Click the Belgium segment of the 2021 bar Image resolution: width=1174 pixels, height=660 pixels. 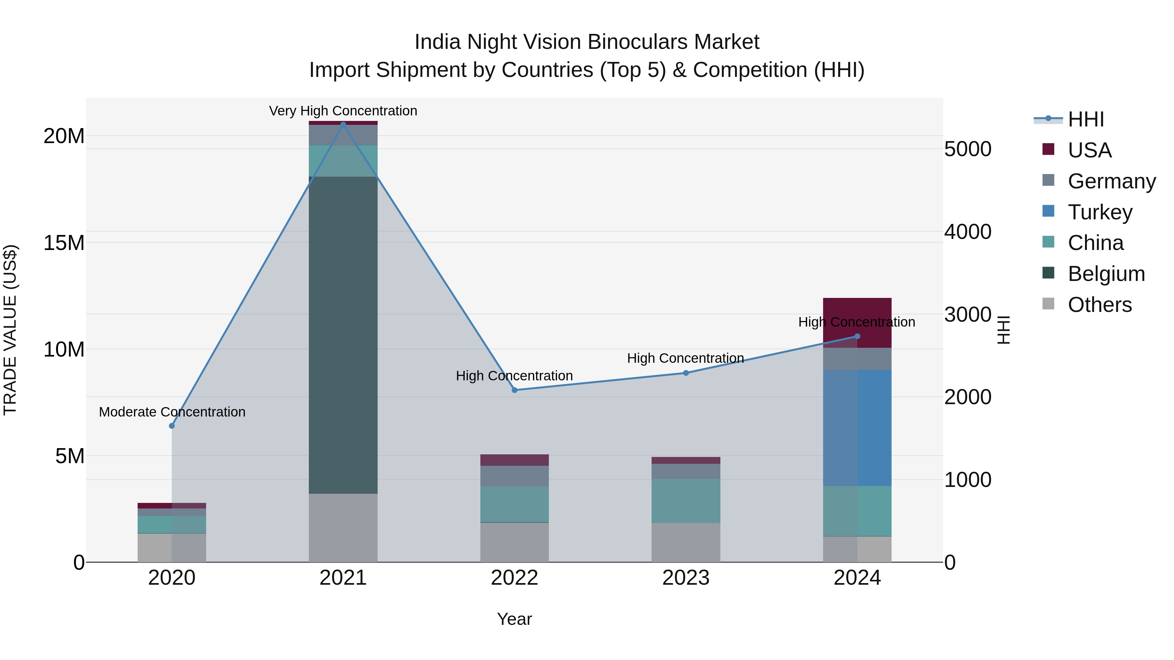click(x=343, y=335)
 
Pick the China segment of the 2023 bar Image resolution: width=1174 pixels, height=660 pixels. click(x=685, y=501)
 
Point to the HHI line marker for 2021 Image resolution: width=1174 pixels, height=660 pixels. click(x=343, y=124)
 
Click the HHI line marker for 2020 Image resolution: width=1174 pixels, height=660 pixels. click(x=172, y=426)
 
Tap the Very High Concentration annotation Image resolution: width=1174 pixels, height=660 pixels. click(x=343, y=111)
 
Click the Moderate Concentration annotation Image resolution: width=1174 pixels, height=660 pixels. click(x=172, y=412)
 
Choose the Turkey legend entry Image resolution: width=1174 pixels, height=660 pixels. click(x=1099, y=212)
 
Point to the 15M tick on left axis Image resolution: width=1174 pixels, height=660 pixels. click(x=64, y=243)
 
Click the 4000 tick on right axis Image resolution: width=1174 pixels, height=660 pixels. click(x=967, y=232)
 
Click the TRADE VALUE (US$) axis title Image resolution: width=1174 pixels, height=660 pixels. click(x=10, y=330)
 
